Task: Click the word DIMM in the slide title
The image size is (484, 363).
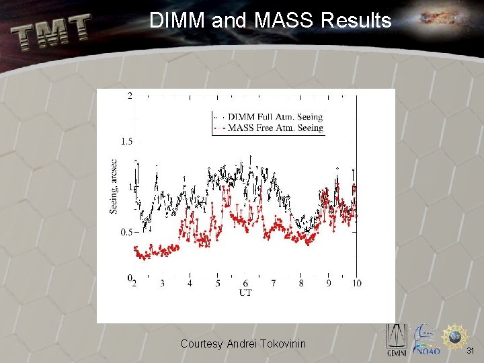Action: coord(177,21)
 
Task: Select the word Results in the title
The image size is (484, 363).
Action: coord(356,21)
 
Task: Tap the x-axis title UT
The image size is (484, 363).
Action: coord(245,292)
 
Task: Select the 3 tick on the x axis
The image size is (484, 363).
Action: coord(162,284)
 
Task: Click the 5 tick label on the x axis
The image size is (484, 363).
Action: coord(218,284)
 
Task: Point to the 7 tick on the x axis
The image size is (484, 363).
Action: coord(273,284)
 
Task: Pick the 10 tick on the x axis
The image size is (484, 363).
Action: coord(356,284)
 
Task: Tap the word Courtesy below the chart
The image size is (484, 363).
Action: coord(202,344)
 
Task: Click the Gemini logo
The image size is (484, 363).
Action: coord(396,339)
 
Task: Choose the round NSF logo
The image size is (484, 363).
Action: coord(456,335)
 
